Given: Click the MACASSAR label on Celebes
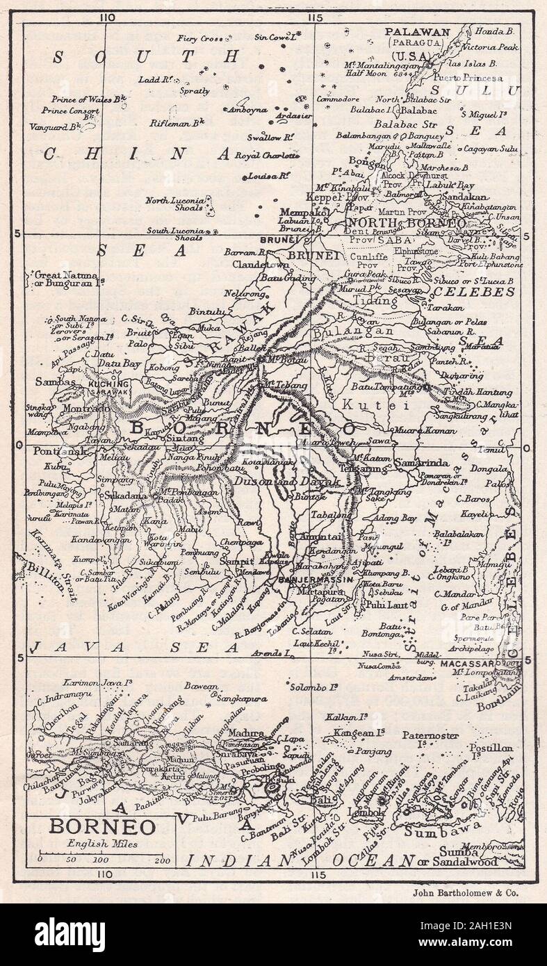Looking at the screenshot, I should pyautogui.click(x=466, y=664).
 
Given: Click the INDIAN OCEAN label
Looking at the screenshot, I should pyautogui.click(x=299, y=860).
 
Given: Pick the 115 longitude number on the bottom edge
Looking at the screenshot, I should pyautogui.click(x=318, y=874).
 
